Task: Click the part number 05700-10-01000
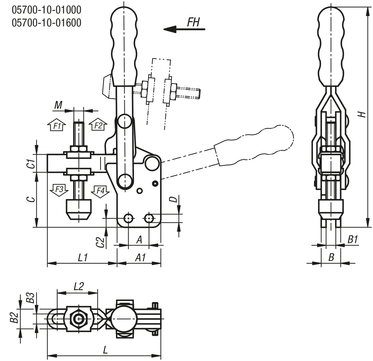[47, 10]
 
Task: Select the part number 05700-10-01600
[47, 23]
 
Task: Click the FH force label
[193, 22]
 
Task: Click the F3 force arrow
[59, 190]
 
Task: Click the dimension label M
[58, 106]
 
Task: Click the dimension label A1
[140, 258]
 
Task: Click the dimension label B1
[352, 239]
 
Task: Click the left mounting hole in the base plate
[128, 218]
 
